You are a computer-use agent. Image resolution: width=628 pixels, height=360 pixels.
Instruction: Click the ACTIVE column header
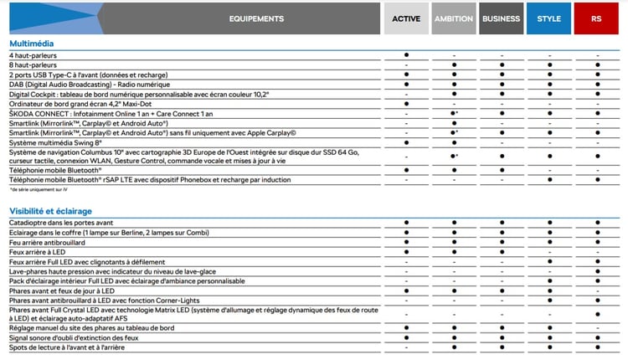406,18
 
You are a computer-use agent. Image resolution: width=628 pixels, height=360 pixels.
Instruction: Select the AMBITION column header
454,18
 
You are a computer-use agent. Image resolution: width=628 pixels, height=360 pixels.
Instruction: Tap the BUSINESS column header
502,18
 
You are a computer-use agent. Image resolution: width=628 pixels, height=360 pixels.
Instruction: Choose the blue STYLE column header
549,18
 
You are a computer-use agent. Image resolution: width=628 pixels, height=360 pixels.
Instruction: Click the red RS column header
596,18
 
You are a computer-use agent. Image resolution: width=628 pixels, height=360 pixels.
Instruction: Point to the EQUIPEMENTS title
256,18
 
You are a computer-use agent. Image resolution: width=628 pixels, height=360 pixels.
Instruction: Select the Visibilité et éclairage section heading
50,211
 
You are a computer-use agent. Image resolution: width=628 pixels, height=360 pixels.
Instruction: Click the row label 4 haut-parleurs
30,55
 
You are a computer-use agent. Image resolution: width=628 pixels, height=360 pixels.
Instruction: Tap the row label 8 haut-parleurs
30,64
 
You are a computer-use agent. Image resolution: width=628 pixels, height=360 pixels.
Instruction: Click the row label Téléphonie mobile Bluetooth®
54,170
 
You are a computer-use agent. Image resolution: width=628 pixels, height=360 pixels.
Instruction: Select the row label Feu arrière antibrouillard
48,242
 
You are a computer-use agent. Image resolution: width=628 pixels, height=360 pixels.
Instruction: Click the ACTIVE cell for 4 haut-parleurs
406,55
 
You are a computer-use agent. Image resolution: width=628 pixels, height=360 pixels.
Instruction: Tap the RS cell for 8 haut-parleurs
596,64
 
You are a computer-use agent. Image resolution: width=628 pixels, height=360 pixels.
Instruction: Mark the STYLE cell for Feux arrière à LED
549,252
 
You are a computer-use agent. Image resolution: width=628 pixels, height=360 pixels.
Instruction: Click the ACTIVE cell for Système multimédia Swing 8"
406,142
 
